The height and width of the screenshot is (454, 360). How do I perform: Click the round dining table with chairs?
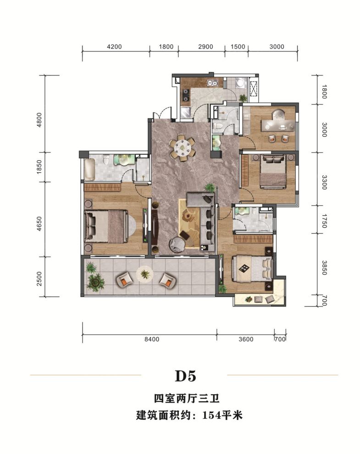coord(183,147)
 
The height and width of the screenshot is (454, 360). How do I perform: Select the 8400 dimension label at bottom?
coord(151,340)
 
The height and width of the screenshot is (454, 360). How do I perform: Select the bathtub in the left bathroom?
coord(89,169)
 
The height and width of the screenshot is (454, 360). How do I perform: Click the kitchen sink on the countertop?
coord(211,83)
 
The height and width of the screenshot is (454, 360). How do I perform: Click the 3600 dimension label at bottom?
coord(246,340)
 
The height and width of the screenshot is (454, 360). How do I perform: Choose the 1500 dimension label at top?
coord(238,46)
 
